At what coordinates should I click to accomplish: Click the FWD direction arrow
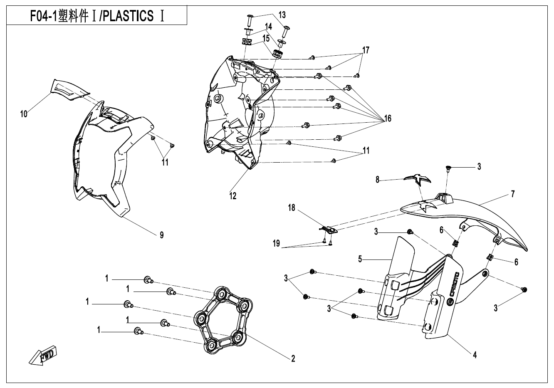[43, 356]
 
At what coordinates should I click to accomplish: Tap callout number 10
[24, 114]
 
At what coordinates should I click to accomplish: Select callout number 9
[161, 235]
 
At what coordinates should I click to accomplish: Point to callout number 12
[233, 196]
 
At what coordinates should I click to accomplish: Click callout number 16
[388, 119]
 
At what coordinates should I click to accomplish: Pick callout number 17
[366, 50]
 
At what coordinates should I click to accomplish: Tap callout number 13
[282, 15]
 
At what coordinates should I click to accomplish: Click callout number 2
[293, 358]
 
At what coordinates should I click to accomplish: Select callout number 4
[475, 355]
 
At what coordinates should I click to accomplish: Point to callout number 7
[513, 194]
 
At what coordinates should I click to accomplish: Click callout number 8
[378, 180]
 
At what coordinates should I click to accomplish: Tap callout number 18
[292, 208]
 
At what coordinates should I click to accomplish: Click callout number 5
[361, 259]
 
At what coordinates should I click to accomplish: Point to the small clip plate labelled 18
[329, 228]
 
